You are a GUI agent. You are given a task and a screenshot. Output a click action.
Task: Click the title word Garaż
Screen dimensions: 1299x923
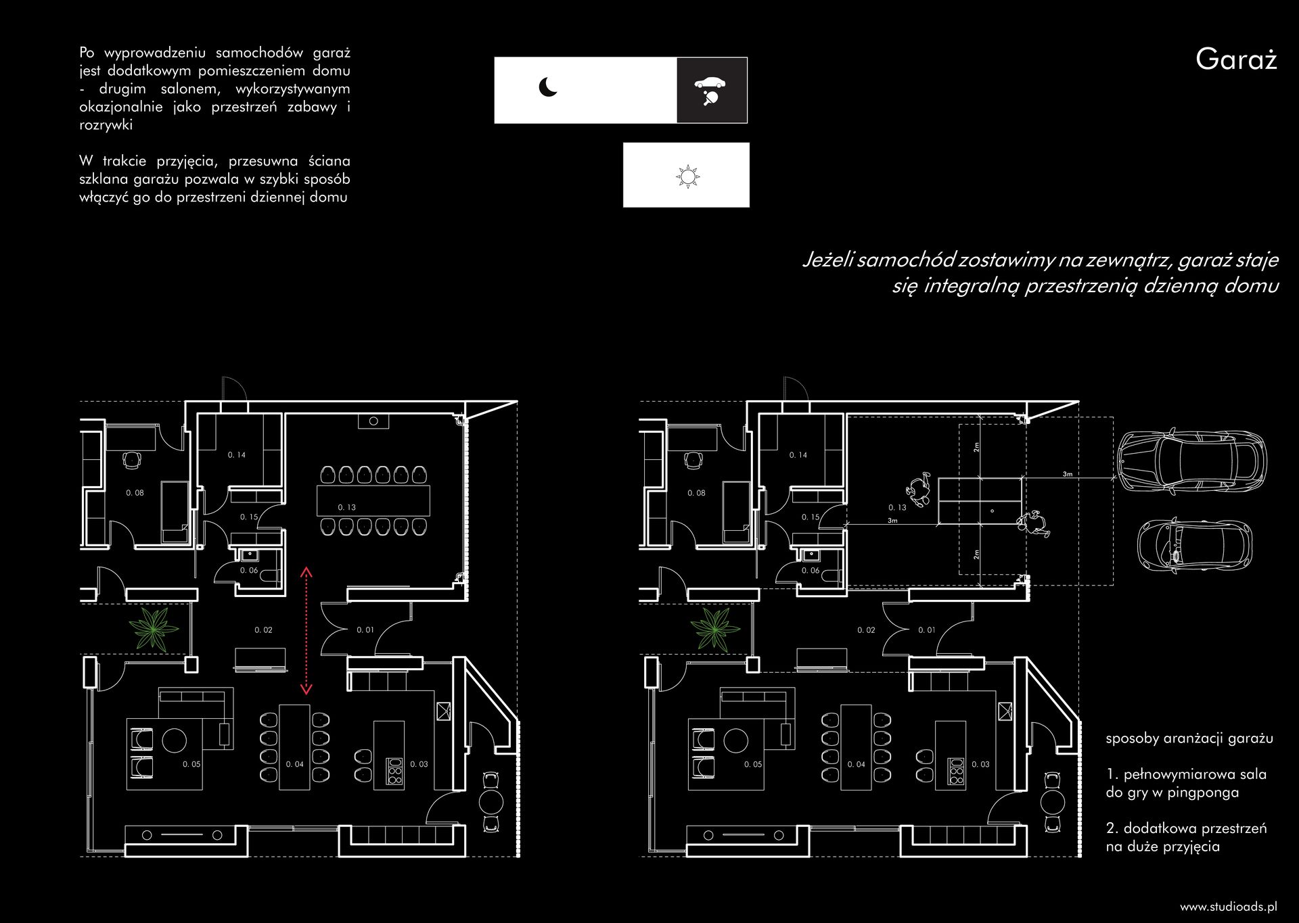(x=1236, y=60)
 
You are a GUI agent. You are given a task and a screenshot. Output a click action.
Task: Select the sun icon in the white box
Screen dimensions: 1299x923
(x=687, y=176)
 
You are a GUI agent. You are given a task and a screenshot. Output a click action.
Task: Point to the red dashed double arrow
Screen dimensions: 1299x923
(x=306, y=631)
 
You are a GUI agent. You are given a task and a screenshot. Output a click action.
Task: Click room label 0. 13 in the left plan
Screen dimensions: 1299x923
(x=347, y=507)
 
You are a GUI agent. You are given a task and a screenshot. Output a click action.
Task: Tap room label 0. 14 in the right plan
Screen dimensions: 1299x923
(x=798, y=455)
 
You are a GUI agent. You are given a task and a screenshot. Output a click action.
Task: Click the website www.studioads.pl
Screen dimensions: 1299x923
(x=1229, y=906)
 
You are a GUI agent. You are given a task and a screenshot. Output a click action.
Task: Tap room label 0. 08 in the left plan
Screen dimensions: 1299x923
(x=135, y=493)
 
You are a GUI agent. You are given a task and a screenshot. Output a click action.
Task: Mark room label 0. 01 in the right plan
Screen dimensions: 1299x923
(x=927, y=630)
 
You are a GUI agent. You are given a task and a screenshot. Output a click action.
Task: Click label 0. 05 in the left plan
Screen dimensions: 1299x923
(x=191, y=764)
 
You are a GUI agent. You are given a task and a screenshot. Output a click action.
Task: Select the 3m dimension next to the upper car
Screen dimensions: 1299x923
(x=1068, y=474)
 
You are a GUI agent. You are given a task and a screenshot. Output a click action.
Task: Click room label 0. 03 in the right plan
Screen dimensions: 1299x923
(x=980, y=764)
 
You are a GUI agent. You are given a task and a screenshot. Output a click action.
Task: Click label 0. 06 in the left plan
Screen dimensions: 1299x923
(x=249, y=571)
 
